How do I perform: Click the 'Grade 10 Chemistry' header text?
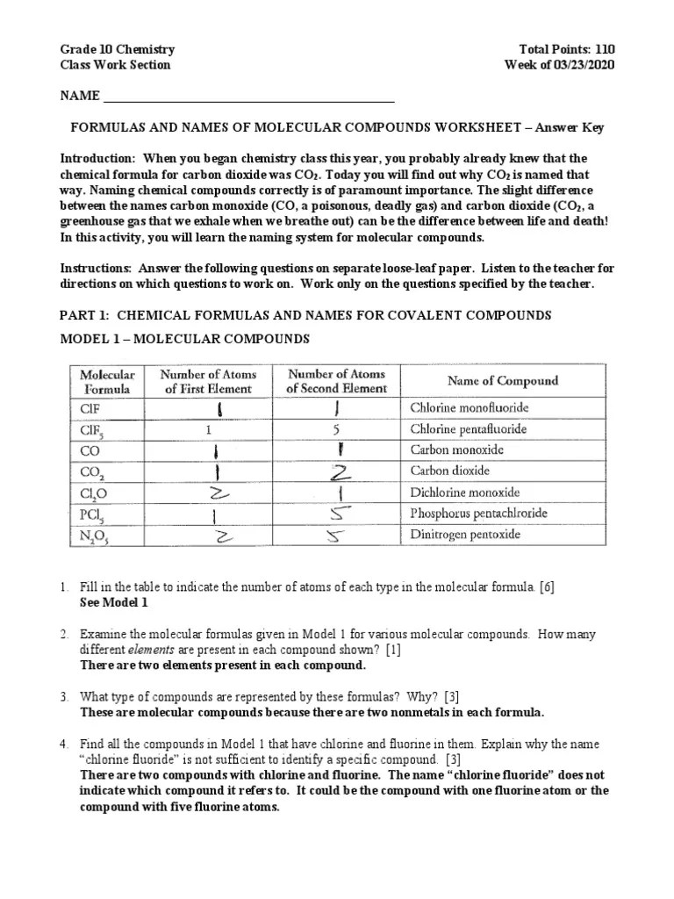(x=117, y=50)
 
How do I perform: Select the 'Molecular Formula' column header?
(x=107, y=381)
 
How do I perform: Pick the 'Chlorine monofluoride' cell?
(x=470, y=408)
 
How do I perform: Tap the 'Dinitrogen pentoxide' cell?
(x=465, y=533)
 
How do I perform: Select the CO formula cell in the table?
(x=91, y=450)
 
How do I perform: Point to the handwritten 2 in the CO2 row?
(x=337, y=472)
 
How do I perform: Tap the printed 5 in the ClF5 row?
(x=336, y=430)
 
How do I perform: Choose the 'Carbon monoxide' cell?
(x=457, y=450)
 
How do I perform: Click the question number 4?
(x=64, y=744)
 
